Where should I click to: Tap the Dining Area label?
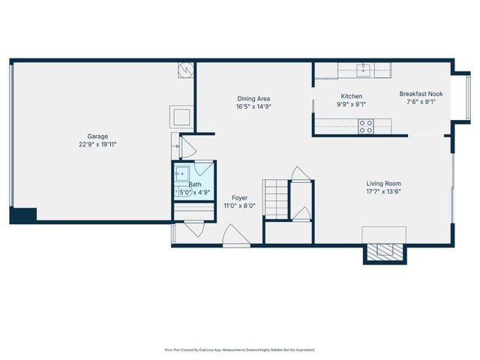point(253,98)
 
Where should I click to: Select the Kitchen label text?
point(351,96)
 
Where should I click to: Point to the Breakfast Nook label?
point(421,94)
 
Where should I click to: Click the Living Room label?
point(383,183)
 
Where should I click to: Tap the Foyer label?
point(239,197)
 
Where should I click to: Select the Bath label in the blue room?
point(195,184)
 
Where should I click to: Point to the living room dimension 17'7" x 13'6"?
point(383,191)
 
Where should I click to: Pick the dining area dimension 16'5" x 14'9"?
point(253,106)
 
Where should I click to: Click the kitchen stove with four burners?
point(366,127)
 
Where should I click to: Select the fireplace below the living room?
point(385,252)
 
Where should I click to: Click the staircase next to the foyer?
point(275,197)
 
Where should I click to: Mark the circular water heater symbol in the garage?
point(186,70)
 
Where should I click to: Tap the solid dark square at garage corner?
point(22,214)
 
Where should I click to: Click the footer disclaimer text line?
point(239,349)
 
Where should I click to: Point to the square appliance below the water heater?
point(182,116)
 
